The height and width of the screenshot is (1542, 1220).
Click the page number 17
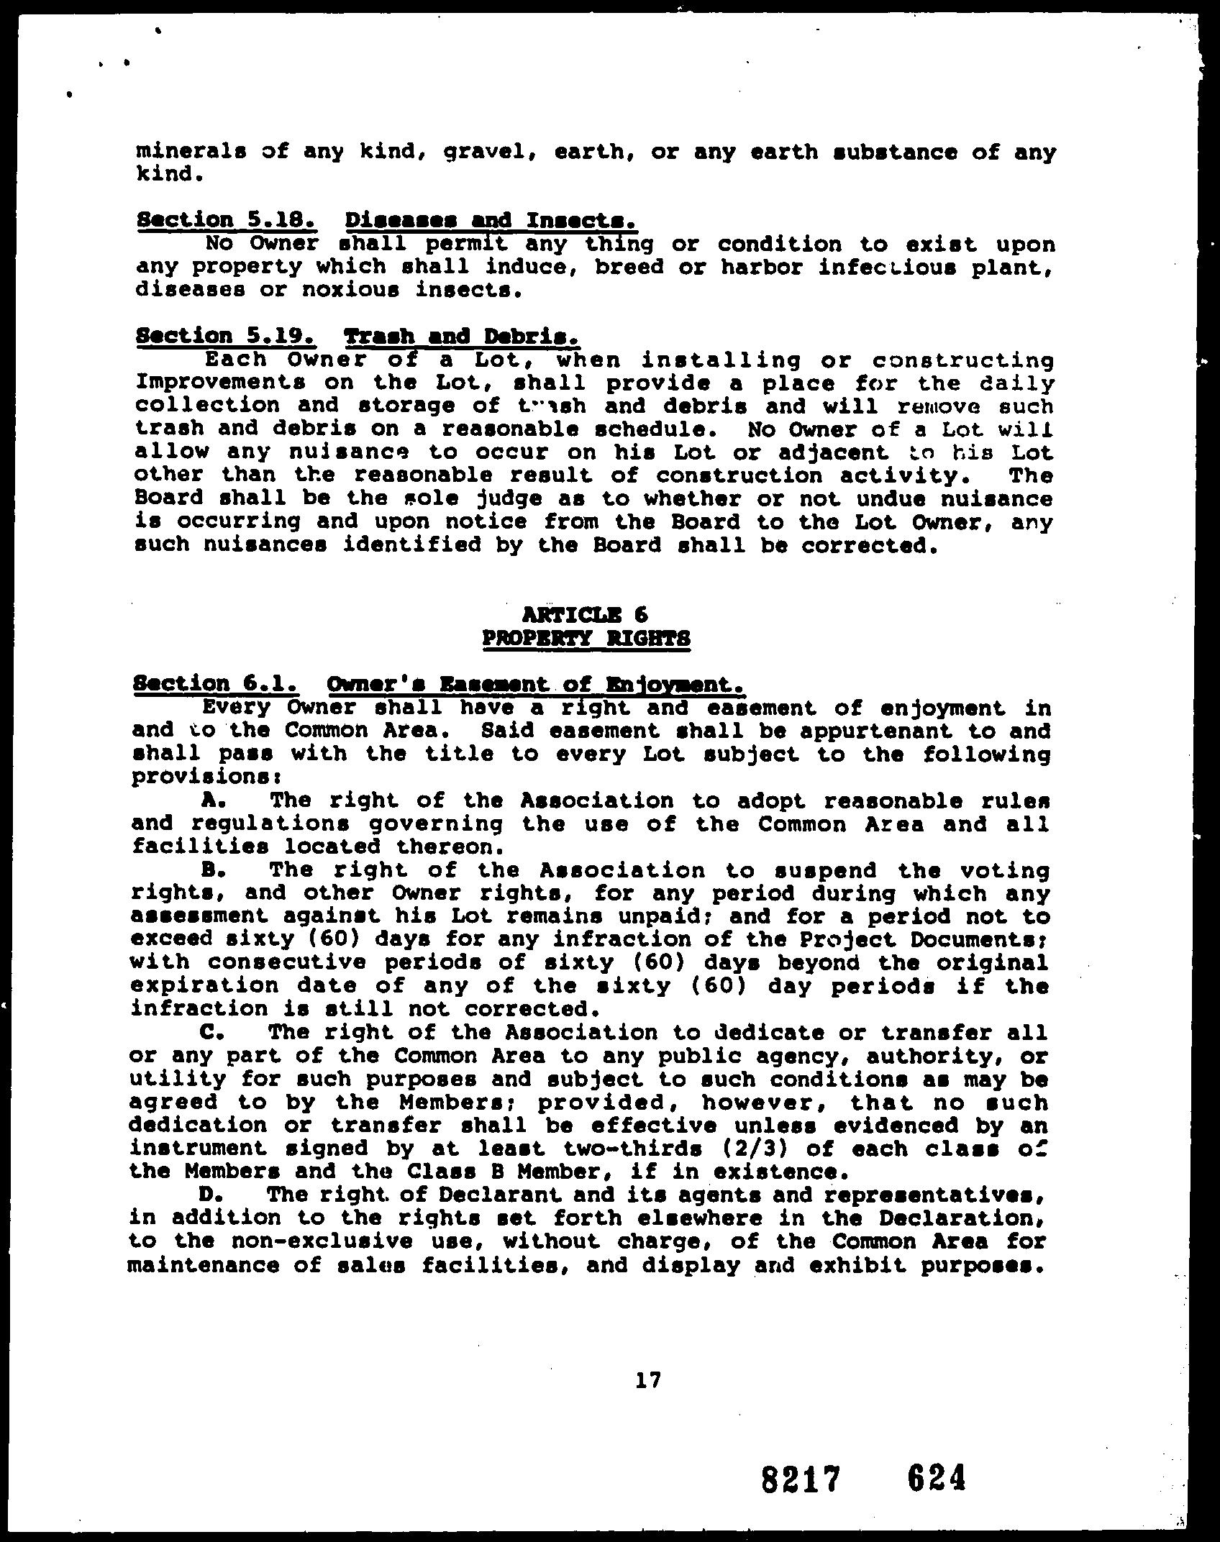648,1380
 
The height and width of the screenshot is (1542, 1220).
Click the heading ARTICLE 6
586,614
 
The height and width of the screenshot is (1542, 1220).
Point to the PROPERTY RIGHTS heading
586,638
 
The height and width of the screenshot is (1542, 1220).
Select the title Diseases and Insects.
491,219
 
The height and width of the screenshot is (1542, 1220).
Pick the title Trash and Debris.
462,336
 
